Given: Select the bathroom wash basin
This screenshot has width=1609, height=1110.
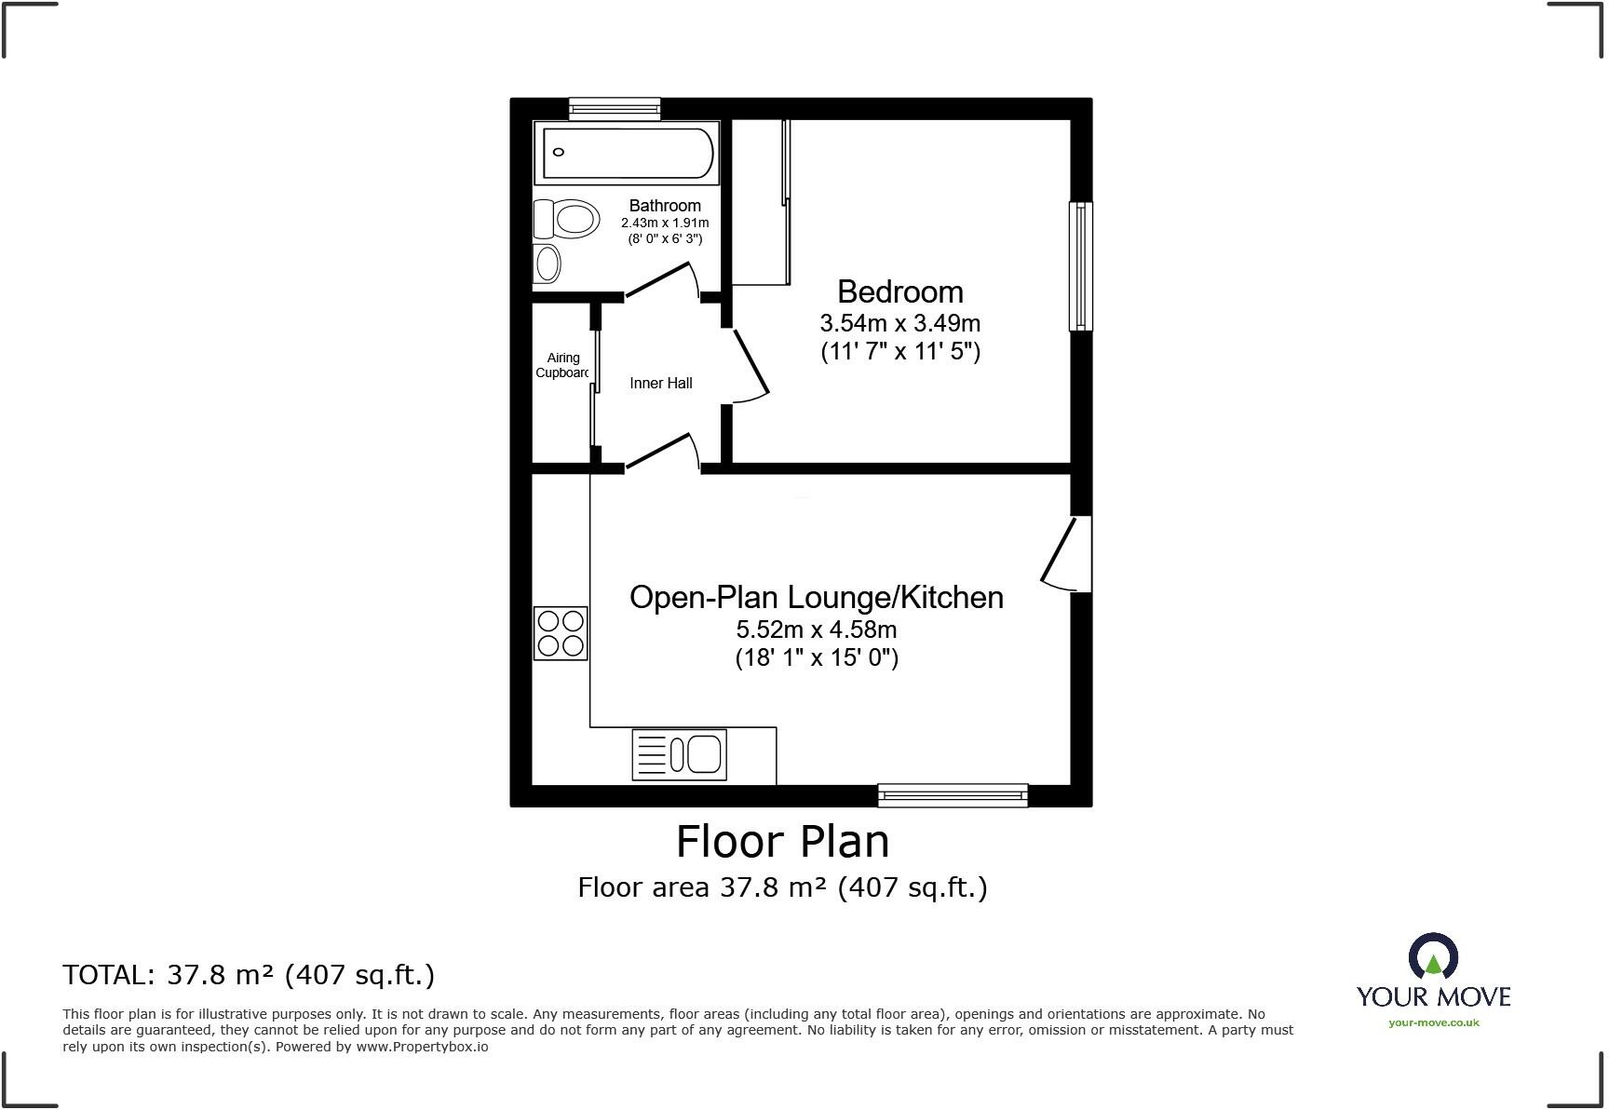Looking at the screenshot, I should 548,264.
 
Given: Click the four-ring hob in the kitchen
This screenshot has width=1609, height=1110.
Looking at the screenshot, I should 561,633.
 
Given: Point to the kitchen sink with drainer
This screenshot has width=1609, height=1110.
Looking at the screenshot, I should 679,753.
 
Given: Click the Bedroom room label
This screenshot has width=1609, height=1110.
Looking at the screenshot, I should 899,291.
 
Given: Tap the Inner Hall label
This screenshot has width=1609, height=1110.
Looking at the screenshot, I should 660,383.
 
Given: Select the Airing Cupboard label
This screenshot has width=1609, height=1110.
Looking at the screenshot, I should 562,365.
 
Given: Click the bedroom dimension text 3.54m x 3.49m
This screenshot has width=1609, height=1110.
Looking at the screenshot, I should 899,323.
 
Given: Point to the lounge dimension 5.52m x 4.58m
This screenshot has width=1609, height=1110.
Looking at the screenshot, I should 816,629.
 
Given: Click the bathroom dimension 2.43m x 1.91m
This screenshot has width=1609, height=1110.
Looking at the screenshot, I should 665,223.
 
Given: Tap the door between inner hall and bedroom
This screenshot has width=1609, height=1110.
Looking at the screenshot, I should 750,366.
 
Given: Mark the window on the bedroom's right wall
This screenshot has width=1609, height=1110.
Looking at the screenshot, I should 1080,266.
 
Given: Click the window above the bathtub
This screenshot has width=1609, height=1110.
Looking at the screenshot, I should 615,109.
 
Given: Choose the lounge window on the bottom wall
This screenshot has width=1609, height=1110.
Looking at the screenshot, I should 953,794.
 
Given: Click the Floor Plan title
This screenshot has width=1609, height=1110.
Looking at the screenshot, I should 782,841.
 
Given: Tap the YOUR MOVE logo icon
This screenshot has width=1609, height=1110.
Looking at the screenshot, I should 1433,955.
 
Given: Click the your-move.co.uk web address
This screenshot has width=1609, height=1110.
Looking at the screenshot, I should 1433,1022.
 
